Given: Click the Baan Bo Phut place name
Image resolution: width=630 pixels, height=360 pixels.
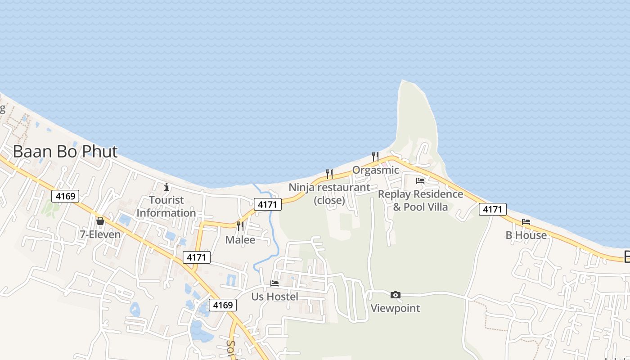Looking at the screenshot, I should [65, 152].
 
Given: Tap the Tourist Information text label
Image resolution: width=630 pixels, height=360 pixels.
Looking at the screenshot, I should [166, 207].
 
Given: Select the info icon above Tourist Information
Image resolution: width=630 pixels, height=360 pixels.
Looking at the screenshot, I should [166, 186].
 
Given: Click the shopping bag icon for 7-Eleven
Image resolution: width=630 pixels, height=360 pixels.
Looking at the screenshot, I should [100, 221].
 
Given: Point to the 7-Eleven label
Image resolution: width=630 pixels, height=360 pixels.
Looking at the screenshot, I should [100, 234].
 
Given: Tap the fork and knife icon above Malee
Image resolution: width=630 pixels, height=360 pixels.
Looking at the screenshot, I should [240, 226].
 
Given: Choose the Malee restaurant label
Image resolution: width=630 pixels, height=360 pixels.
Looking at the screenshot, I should [240, 240].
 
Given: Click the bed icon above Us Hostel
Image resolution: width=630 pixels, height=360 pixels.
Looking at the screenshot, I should [274, 283].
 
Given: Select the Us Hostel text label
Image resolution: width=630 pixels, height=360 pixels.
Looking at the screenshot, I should [274, 297].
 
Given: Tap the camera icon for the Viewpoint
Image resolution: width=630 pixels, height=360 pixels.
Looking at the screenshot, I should [396, 295].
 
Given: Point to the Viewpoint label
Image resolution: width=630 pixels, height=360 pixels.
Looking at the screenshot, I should [395, 308].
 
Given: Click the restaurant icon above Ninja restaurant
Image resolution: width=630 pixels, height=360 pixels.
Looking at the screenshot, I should [329, 174].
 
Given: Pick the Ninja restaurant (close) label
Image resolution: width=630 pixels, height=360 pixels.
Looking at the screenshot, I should [329, 193].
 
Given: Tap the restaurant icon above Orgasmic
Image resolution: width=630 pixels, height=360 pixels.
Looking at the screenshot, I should [375, 156].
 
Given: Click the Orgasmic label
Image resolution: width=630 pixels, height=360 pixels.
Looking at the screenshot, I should [376, 170].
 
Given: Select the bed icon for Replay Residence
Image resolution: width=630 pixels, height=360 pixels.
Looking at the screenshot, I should [420, 181].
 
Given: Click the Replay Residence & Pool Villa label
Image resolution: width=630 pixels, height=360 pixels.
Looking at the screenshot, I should [420, 200].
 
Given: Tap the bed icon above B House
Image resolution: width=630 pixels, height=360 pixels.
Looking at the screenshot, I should [526, 221].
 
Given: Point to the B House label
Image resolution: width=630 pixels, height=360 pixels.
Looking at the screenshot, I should [526, 235].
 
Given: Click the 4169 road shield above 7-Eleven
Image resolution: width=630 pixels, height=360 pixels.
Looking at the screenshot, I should [65, 196].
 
